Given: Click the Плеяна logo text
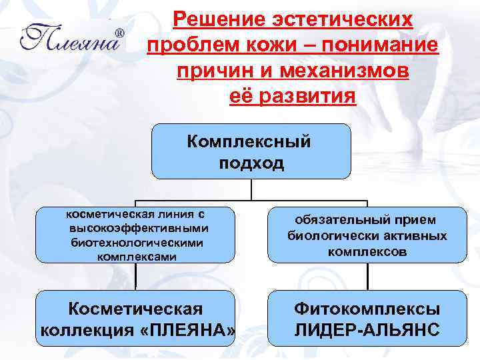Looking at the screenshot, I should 70,39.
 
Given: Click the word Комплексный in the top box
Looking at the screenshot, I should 249,141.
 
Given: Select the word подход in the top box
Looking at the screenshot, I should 251,163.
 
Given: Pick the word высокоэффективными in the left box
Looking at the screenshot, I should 135,228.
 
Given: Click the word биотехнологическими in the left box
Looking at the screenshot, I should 136,242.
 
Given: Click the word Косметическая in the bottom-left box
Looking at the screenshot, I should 135,309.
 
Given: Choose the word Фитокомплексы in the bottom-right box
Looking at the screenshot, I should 367,309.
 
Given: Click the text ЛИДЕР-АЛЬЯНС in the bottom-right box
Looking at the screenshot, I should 367,330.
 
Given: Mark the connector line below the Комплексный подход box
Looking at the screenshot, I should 251,190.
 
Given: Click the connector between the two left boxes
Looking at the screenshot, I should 135,276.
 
